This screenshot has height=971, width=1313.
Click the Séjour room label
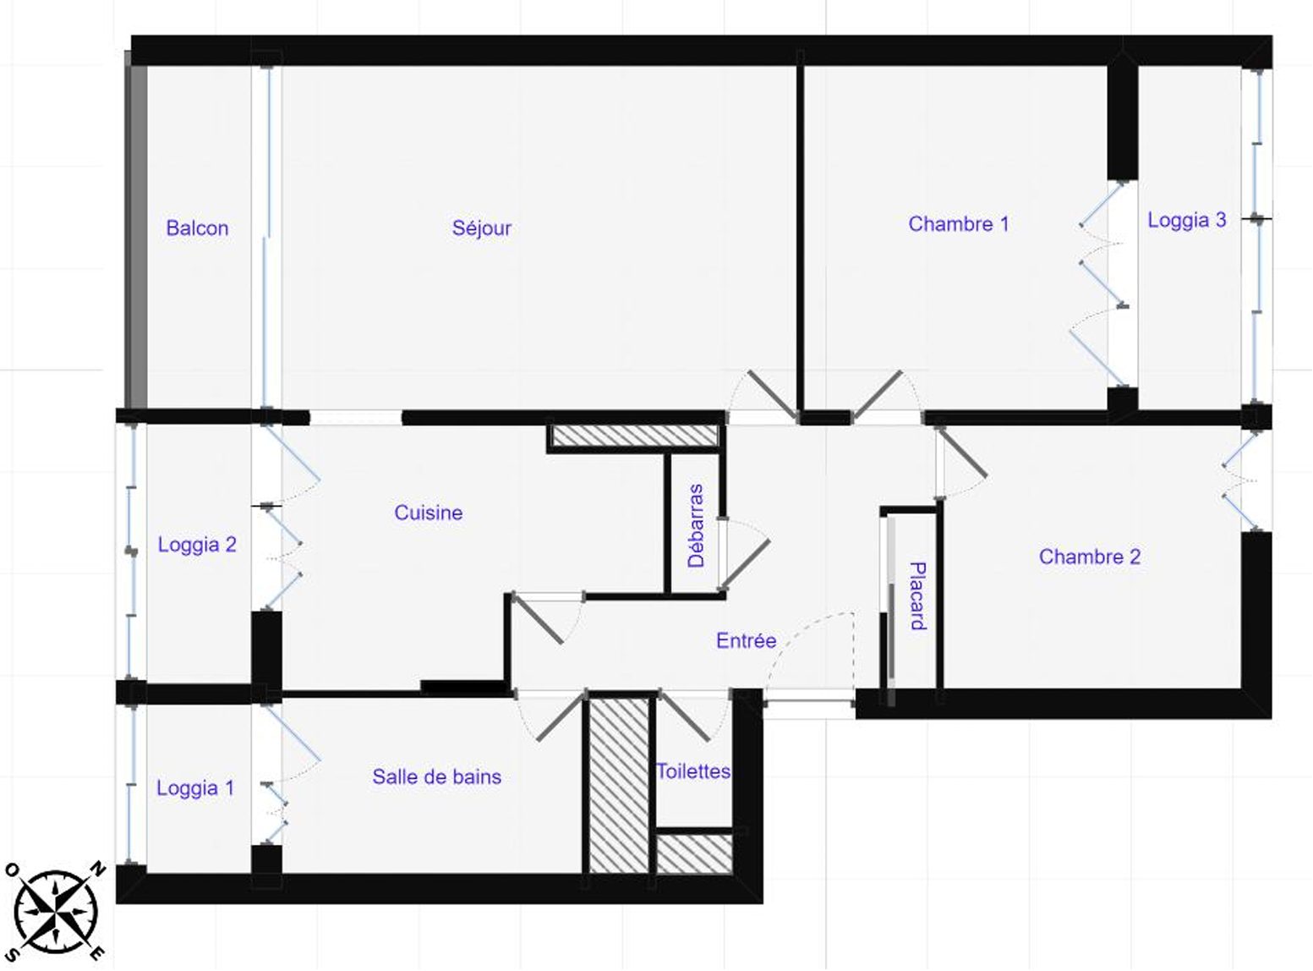[x=481, y=228]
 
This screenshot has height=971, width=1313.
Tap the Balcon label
[x=197, y=228]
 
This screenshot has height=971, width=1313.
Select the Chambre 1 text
[x=959, y=224]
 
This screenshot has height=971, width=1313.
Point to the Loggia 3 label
[x=1187, y=221]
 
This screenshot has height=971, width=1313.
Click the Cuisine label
[x=428, y=513]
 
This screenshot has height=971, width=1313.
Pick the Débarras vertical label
[x=696, y=525]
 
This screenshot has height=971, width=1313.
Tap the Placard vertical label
[x=917, y=596]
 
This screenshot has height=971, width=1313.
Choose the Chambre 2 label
[x=1089, y=557]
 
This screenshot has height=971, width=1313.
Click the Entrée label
[x=746, y=640]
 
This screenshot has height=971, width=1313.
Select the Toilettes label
[x=693, y=771]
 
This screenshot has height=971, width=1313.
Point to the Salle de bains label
[x=437, y=776]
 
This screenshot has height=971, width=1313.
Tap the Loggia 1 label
[x=195, y=788]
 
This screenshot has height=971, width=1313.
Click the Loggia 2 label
[x=197, y=545]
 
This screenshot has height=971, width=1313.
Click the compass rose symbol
[x=55, y=913]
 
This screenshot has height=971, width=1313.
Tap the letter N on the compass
[x=97, y=870]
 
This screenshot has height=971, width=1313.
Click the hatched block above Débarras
[x=635, y=436]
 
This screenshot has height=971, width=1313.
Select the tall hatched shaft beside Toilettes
[x=619, y=785]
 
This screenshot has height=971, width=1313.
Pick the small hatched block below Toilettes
[x=694, y=853]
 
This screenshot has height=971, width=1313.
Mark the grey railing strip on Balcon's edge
[x=136, y=230]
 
